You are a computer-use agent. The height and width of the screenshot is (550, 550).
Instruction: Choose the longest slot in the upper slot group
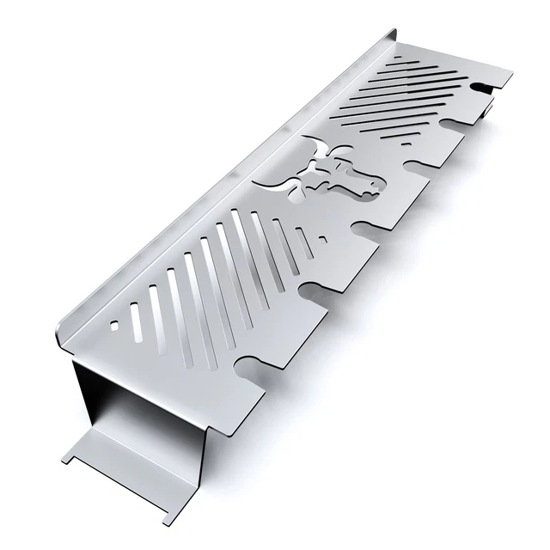[404, 112]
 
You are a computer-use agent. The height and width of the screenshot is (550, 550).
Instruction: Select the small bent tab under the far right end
[488, 107]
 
